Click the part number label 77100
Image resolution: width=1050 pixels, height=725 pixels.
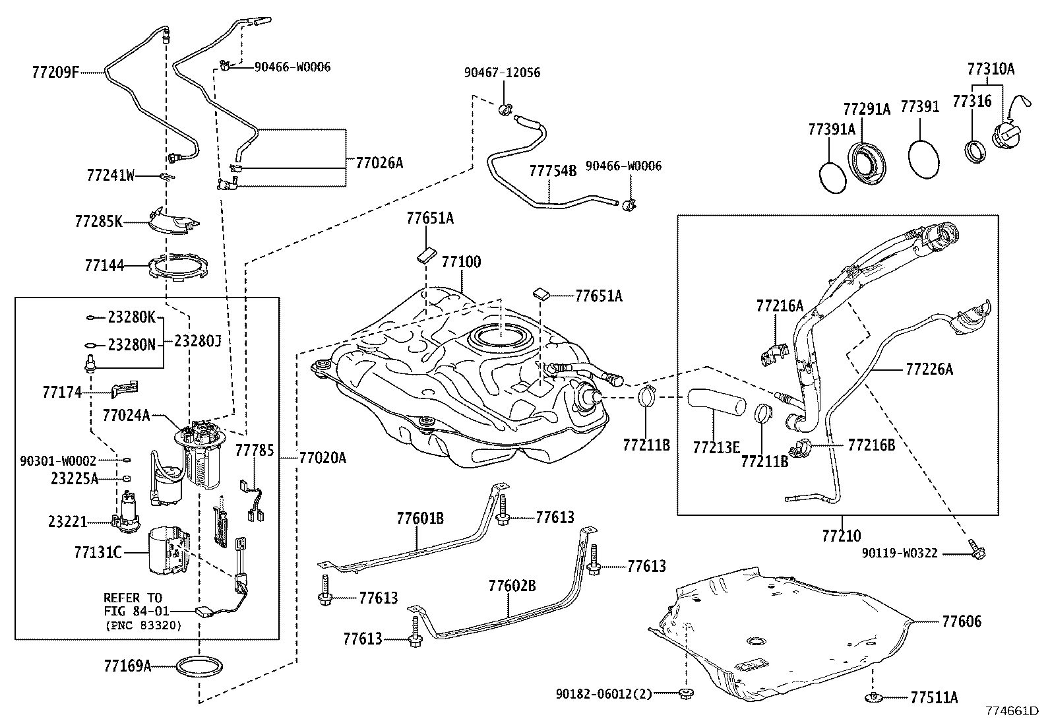[461, 262]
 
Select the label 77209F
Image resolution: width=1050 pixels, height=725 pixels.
[55, 71]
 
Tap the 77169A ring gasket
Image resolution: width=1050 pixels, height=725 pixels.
[199, 666]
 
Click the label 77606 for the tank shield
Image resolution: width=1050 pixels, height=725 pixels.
[961, 621]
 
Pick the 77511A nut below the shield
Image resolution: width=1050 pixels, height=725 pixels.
[873, 696]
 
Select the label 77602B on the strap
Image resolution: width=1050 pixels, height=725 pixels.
[512, 586]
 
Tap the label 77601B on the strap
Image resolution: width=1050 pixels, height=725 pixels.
[419, 518]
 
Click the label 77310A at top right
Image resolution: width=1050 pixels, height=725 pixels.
[991, 69]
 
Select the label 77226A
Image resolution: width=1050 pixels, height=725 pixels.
[929, 369]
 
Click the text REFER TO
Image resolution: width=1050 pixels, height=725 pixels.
[133, 598]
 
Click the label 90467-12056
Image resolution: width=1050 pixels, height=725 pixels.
[502, 73]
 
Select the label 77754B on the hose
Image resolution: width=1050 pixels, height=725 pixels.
[553, 172]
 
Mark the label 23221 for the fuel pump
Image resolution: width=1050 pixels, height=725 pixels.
[67, 522]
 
